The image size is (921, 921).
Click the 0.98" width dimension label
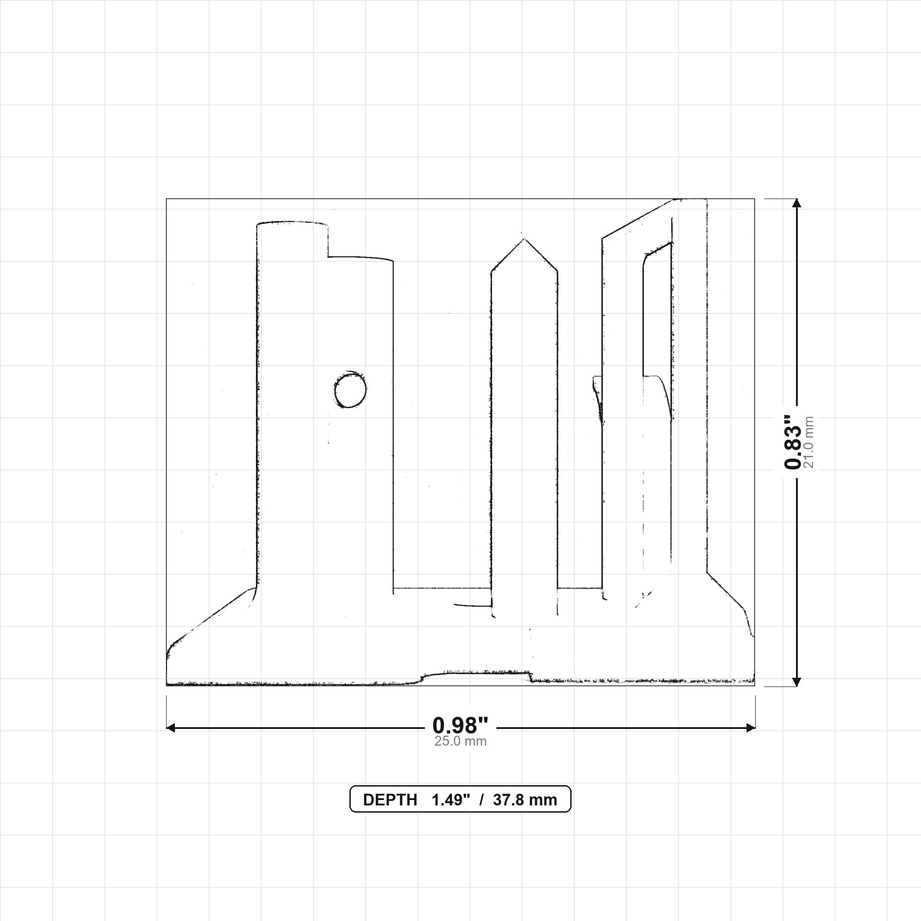(x=460, y=725)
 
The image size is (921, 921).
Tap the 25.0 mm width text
(x=460, y=741)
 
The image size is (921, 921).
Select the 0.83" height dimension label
(x=793, y=442)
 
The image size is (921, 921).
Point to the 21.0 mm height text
(x=809, y=442)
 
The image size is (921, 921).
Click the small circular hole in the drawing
(x=350, y=389)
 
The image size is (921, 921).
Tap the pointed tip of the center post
(x=524, y=239)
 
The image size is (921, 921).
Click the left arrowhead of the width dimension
(x=170, y=728)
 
